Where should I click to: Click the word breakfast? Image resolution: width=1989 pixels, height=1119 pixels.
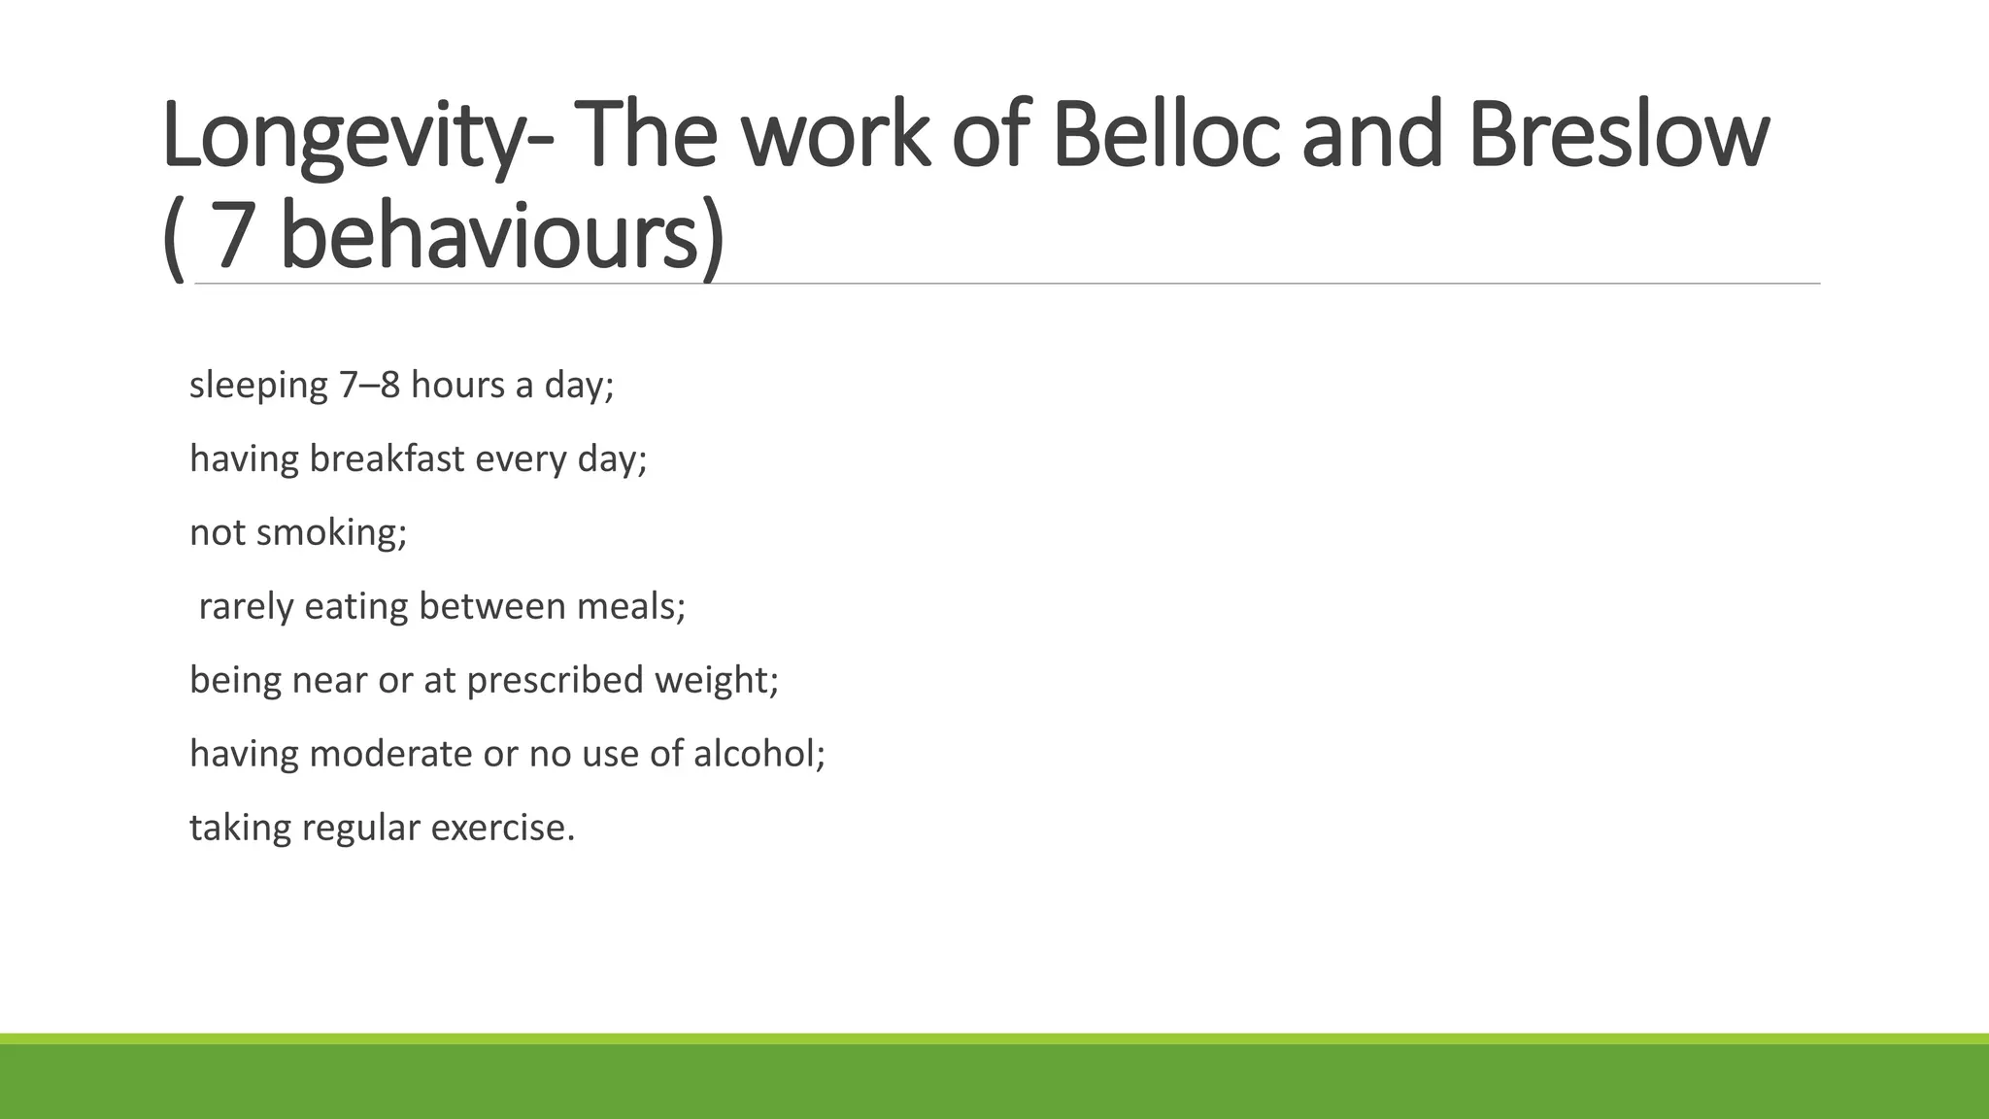pos(388,458)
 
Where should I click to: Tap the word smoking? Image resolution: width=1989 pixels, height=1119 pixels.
pos(331,533)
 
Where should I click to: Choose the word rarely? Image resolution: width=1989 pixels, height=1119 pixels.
pos(246,607)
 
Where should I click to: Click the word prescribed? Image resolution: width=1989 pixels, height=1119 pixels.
pos(556,680)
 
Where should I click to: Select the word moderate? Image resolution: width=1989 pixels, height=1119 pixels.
pos(390,754)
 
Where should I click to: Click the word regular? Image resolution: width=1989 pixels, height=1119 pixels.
pos(360,829)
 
